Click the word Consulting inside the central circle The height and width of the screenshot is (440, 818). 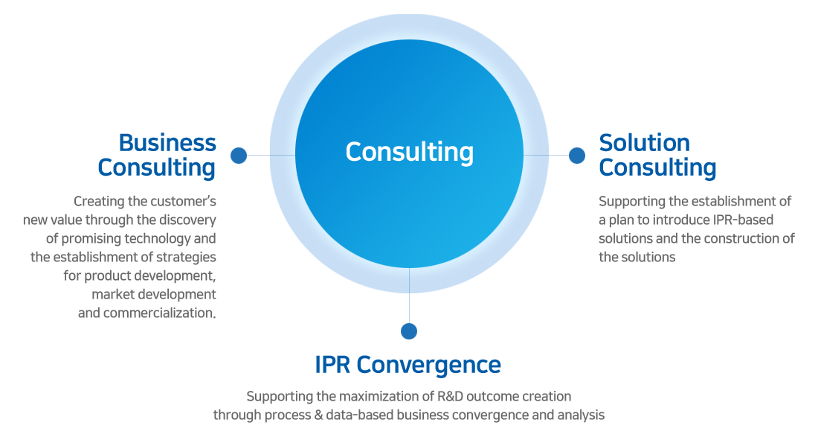[410, 152]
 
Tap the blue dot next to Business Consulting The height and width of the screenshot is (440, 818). [239, 155]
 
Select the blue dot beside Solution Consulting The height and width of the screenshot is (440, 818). [577, 155]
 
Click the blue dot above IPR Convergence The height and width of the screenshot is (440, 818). [409, 331]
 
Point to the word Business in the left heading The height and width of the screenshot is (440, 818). [167, 143]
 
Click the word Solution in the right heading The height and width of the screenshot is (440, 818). [644, 143]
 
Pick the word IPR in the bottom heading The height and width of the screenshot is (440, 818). [332, 365]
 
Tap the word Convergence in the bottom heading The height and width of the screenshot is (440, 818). [428, 366]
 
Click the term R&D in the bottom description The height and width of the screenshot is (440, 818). [450, 396]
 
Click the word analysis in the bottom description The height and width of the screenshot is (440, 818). [582, 415]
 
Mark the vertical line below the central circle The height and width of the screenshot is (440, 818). [409, 296]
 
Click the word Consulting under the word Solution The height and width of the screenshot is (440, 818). [657, 168]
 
